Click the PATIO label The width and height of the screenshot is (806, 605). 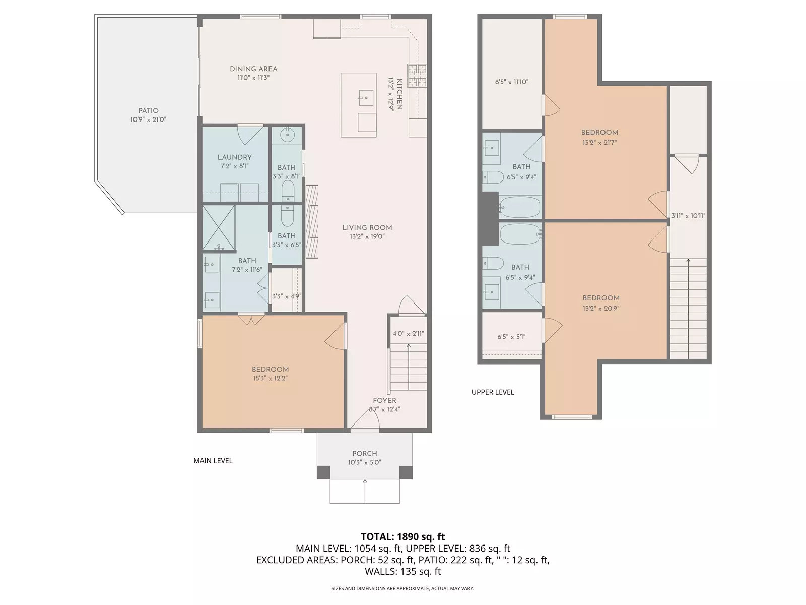[x=148, y=111]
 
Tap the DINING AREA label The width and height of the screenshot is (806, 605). [x=253, y=69]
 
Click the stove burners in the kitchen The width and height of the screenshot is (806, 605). [x=417, y=76]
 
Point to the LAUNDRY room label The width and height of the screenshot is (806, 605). [x=234, y=157]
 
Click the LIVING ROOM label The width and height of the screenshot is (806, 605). [x=367, y=228]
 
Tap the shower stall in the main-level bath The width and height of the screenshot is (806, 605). [x=219, y=227]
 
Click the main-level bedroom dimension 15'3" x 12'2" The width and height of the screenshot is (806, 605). [x=271, y=378]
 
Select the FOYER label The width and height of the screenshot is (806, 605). [x=384, y=401]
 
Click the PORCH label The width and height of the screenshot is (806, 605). [x=364, y=454]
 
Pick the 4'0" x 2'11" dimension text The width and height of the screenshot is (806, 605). [x=408, y=334]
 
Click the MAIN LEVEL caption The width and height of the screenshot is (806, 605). [x=213, y=461]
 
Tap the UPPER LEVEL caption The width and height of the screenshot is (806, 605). [x=493, y=392]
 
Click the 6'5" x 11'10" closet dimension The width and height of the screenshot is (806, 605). [x=511, y=82]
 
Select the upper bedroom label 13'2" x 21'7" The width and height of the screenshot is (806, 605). [x=599, y=143]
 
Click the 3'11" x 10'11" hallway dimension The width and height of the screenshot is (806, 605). [x=688, y=216]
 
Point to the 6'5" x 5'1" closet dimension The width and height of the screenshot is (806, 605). [x=511, y=337]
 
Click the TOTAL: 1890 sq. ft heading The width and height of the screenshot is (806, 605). [x=402, y=537]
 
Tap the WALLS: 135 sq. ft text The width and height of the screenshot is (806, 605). [x=402, y=571]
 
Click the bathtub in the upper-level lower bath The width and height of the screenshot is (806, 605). [x=520, y=234]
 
